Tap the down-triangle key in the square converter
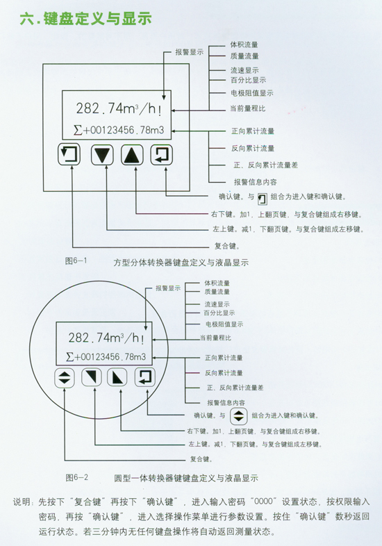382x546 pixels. click(102, 155)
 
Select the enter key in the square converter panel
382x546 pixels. click(162, 155)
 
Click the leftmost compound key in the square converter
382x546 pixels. click(69, 154)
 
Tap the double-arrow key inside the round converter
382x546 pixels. click(65, 378)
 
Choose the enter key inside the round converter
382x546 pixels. click(145, 377)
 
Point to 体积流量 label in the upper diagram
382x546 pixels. click(244, 44)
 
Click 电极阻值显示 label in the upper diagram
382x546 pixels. click(251, 93)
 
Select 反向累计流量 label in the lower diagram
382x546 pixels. click(224, 373)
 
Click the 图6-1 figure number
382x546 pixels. click(76, 260)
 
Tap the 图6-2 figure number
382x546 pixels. click(76, 477)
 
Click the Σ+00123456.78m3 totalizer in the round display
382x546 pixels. click(106, 357)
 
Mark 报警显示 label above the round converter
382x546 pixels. click(168, 288)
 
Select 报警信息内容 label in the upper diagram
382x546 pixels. click(256, 182)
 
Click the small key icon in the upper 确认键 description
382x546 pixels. click(263, 199)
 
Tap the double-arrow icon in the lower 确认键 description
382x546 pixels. click(238, 416)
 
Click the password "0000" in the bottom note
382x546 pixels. click(263, 502)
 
